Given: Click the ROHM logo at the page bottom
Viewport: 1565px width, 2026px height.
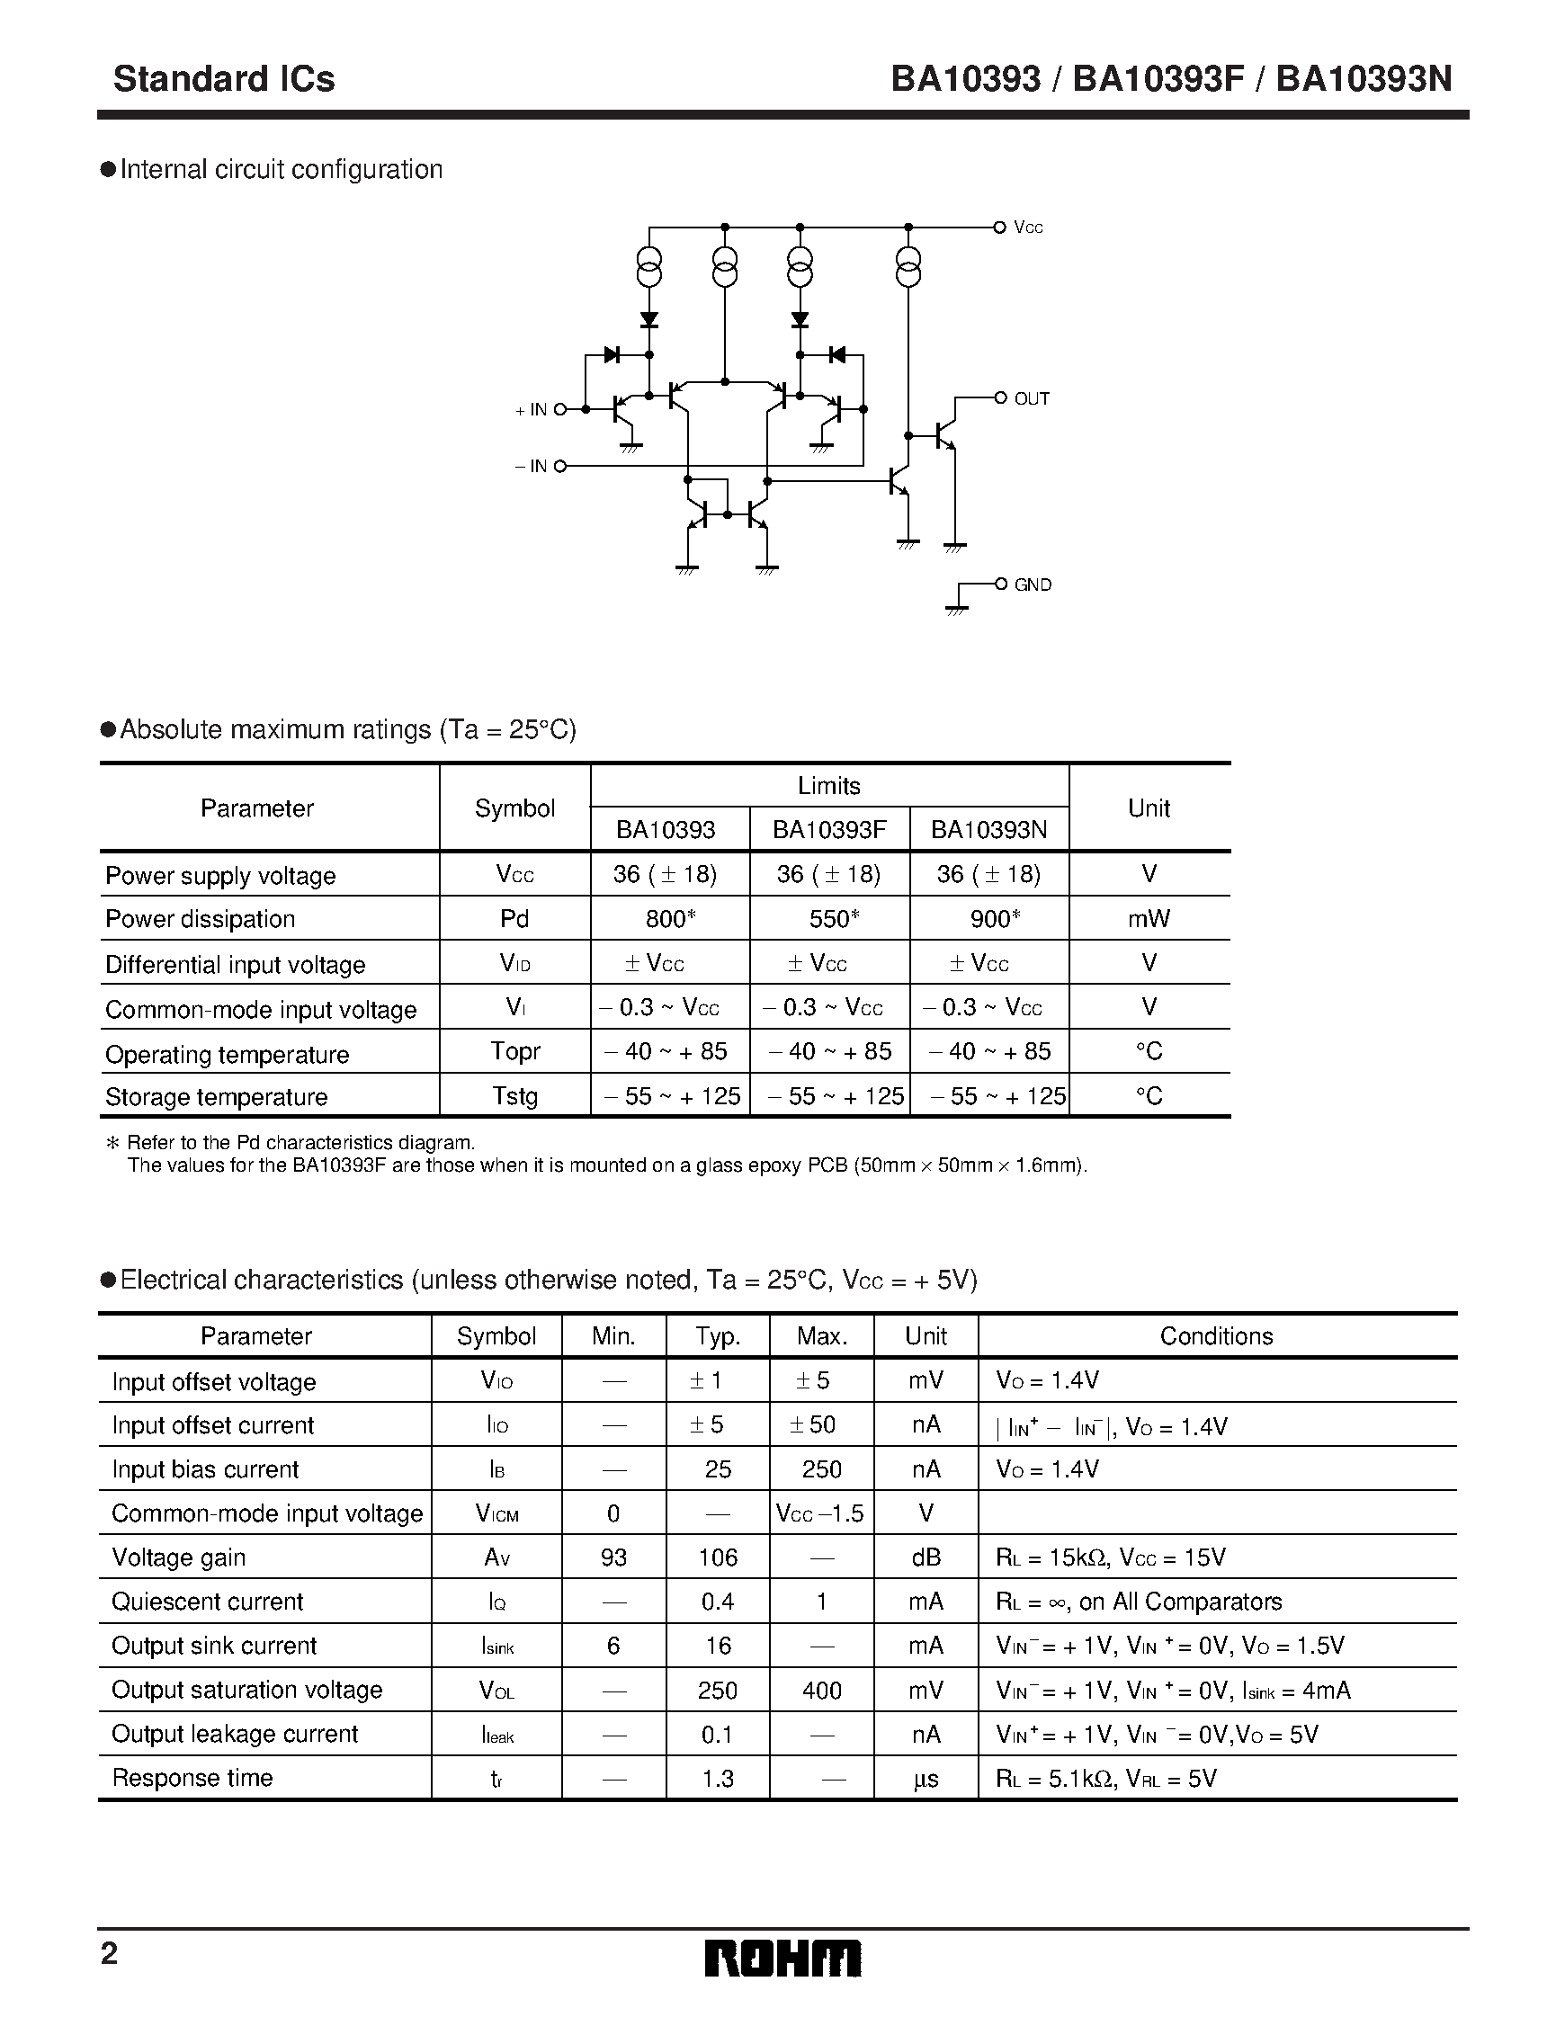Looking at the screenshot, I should (x=782, y=1959).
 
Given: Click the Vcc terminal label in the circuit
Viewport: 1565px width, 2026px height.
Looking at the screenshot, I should (x=1028, y=228).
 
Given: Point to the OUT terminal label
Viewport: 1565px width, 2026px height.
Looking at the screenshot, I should (x=1032, y=399).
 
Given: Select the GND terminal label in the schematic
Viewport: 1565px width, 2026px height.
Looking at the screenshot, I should (x=1033, y=585).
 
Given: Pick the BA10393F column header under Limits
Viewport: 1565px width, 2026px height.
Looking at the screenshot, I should (x=829, y=829).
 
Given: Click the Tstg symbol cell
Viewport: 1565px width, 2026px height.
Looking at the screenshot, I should (x=514, y=1096).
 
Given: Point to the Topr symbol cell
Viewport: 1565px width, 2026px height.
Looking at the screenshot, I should (x=514, y=1052).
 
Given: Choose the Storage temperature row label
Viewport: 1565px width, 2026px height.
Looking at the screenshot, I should (x=216, y=1097).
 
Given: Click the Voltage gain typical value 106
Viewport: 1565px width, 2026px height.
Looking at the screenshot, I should (x=718, y=1557).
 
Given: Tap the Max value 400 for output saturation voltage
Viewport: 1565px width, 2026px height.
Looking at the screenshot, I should (x=822, y=1691).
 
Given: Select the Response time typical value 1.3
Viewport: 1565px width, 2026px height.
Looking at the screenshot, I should (x=718, y=1779).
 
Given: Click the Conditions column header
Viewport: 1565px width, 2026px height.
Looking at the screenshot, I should (x=1216, y=1335).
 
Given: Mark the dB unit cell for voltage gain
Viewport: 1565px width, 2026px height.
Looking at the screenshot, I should (x=926, y=1557).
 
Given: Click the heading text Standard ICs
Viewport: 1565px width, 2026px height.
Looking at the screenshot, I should (x=224, y=79).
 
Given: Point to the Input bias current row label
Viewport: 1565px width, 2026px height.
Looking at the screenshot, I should (x=205, y=1469).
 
